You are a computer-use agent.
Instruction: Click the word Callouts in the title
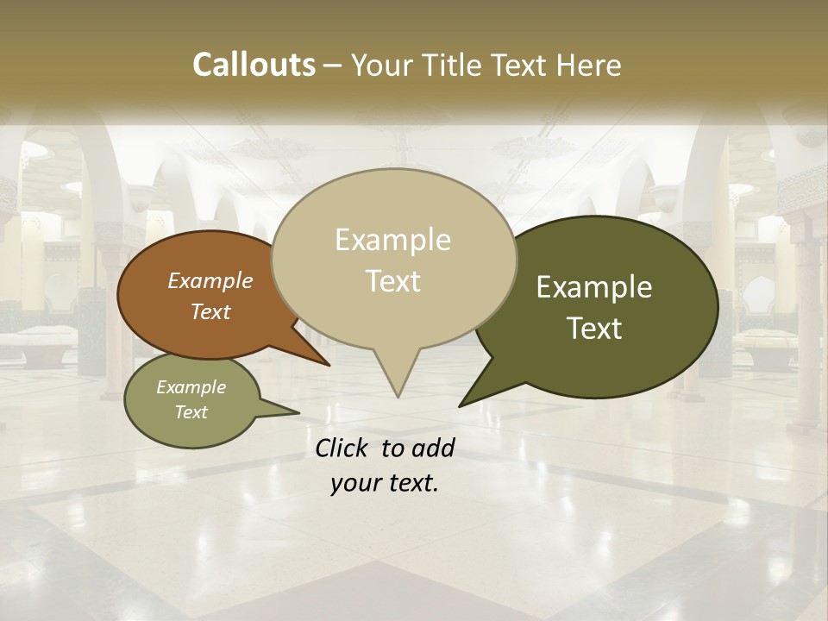click(254, 66)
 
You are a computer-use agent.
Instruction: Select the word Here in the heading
click(586, 66)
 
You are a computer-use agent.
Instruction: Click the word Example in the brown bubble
click(210, 281)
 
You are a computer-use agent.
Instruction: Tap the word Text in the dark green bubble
click(595, 329)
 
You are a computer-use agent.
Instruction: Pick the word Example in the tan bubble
click(392, 240)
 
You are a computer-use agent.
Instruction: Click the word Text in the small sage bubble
click(191, 412)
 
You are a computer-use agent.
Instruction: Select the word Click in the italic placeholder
click(343, 448)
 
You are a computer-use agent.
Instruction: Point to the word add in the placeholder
click(433, 448)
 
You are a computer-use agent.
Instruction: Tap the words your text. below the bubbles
click(385, 483)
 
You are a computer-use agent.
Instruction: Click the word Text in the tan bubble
click(392, 281)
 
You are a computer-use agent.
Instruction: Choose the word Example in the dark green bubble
click(594, 287)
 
